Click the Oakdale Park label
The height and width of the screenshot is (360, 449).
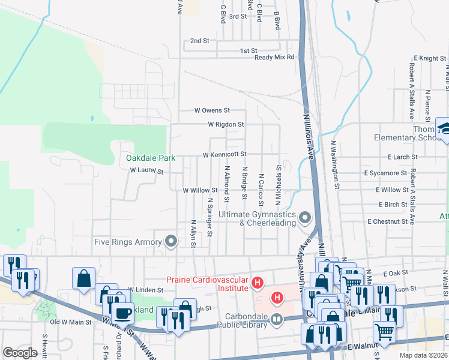tap(151, 158)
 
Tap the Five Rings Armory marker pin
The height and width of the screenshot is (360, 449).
tap(171, 242)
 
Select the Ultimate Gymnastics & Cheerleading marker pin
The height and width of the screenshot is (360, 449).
tap(305, 218)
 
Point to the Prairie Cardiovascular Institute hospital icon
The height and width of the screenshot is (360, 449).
tap(258, 281)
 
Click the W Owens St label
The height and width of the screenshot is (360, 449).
tap(212, 110)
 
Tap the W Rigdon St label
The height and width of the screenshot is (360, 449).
tap(226, 125)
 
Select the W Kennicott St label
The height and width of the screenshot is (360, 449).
tap(224, 155)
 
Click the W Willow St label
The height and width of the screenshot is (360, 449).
tap(199, 190)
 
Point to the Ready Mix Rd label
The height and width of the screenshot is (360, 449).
tap(274, 58)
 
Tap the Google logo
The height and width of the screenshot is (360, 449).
tap(20, 353)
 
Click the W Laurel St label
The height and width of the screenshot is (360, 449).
tap(147, 171)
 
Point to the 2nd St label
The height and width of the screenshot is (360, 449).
tap(199, 41)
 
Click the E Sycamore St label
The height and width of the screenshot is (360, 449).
tap(385, 173)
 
